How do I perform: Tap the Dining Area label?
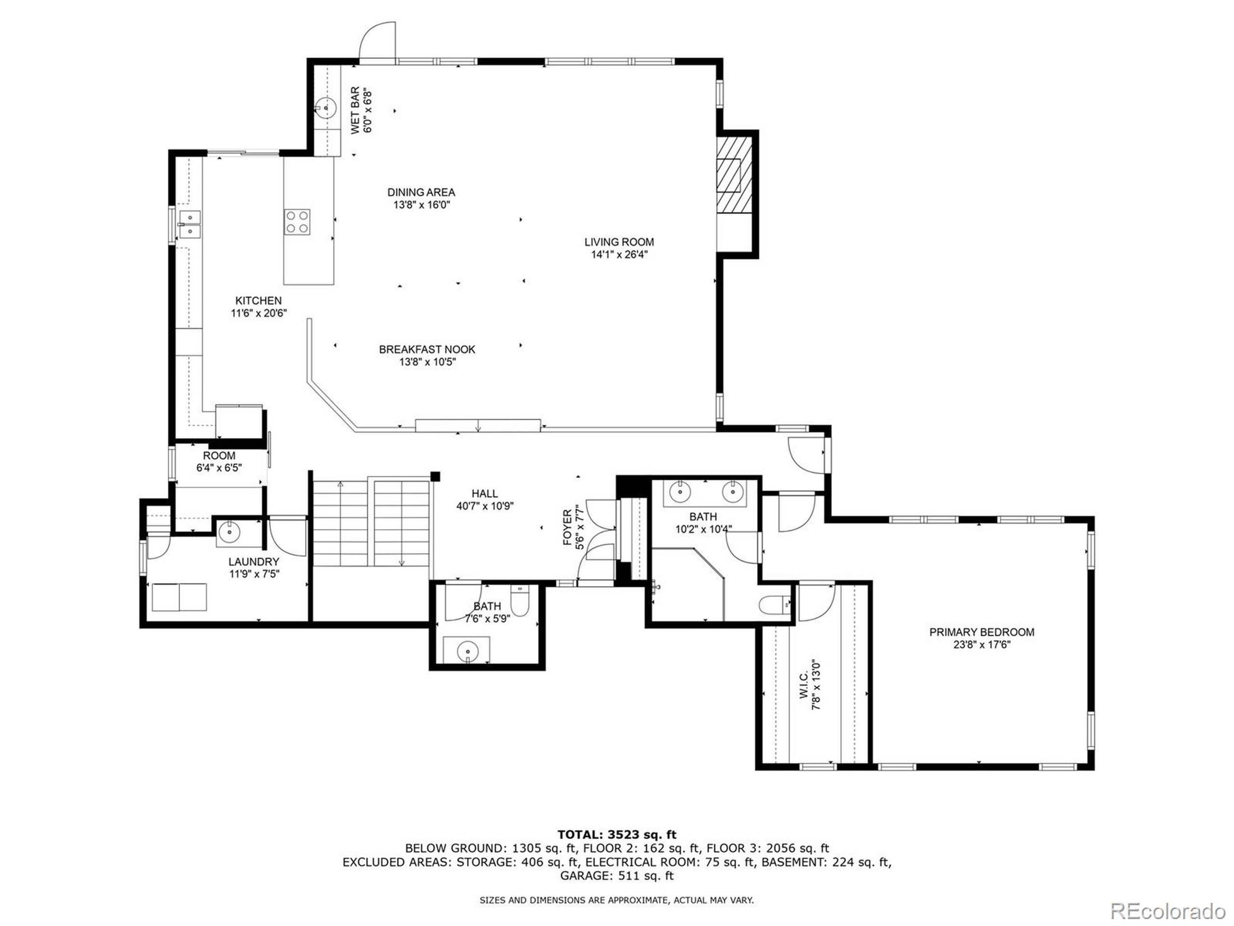pos(421,192)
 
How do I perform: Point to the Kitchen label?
pos(258,301)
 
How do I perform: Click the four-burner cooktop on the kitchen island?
pos(297,221)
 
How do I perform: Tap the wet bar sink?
pos(325,107)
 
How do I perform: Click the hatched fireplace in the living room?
pos(734,175)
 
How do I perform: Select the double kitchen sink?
pos(189,223)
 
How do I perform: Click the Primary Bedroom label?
pos(982,632)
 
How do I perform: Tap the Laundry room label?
pos(254,561)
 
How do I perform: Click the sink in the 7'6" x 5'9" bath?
pos(467,651)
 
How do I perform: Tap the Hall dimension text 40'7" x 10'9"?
pos(485,506)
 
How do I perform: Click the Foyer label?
pos(567,528)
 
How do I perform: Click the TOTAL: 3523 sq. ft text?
pos(617,834)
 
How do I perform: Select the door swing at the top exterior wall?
pos(377,40)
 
